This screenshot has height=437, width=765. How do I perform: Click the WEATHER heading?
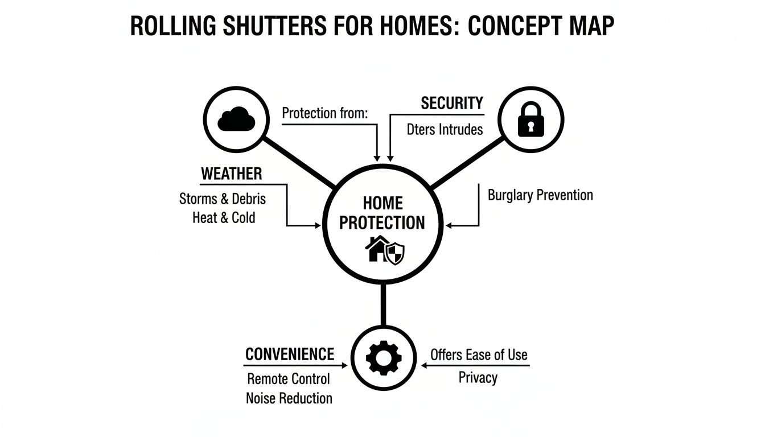231,174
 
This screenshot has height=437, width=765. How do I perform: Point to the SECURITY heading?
451,104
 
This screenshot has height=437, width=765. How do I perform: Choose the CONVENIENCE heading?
289,354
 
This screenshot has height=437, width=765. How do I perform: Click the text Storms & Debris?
223,199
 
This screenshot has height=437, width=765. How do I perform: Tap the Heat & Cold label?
224,217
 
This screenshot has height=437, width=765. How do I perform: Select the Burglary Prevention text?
540,195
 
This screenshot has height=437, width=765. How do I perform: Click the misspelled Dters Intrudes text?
445,130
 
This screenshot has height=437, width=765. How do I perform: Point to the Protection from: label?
325,113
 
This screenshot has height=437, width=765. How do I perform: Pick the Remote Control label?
288,379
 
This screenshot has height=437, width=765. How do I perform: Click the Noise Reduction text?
289,398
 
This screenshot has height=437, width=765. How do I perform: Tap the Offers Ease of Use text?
479,355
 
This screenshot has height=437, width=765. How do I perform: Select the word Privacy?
478,378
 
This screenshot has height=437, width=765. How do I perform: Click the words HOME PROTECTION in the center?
382,213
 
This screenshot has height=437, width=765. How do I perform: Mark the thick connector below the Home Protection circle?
383,306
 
